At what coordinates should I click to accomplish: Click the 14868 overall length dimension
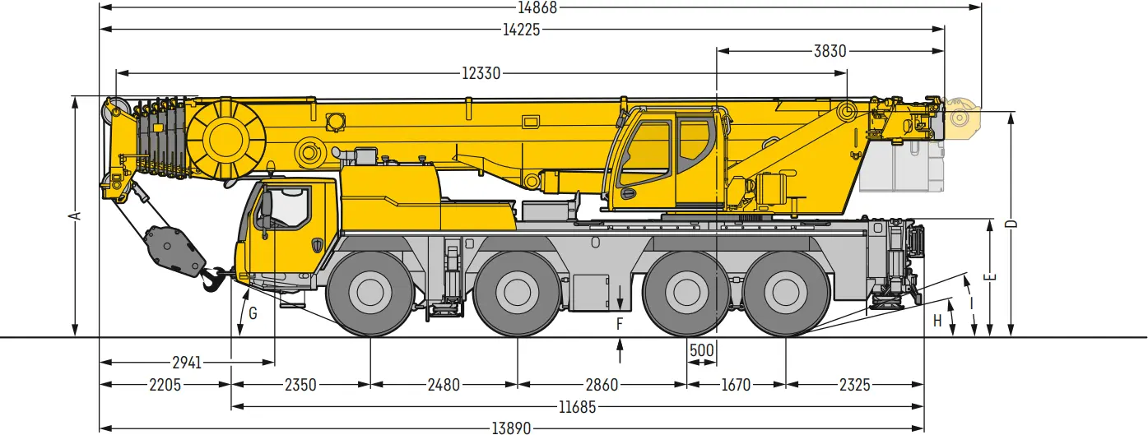[x=537, y=7]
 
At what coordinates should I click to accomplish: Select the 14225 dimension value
[x=521, y=30]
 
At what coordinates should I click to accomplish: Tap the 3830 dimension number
[x=830, y=51]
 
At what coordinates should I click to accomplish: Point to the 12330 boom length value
[x=481, y=73]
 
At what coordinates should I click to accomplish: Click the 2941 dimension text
[x=187, y=363]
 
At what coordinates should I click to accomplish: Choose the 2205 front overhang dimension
[x=165, y=385]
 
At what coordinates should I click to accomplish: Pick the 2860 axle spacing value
[x=602, y=385]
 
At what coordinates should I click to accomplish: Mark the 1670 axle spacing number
[x=736, y=385]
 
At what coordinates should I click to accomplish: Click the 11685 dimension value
[x=577, y=407]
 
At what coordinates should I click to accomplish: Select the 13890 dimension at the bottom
[x=512, y=428]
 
